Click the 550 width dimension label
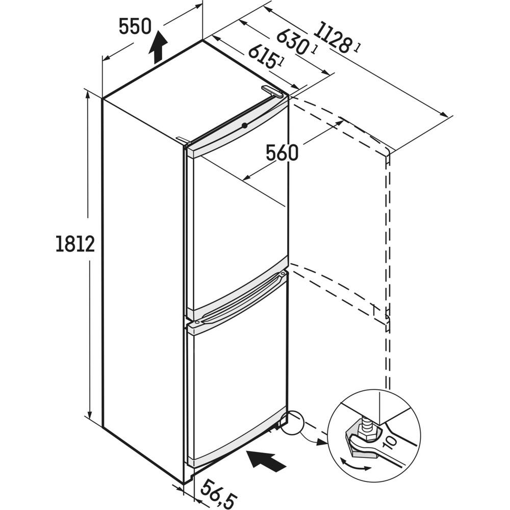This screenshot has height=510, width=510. click(x=135, y=26)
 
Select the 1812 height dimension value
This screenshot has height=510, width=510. click(x=75, y=244)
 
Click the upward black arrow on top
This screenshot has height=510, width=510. click(x=160, y=46)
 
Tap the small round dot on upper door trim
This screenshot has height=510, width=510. click(x=245, y=125)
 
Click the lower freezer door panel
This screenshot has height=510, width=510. click(x=237, y=377)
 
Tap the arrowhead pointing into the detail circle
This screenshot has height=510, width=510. click(x=321, y=442)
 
